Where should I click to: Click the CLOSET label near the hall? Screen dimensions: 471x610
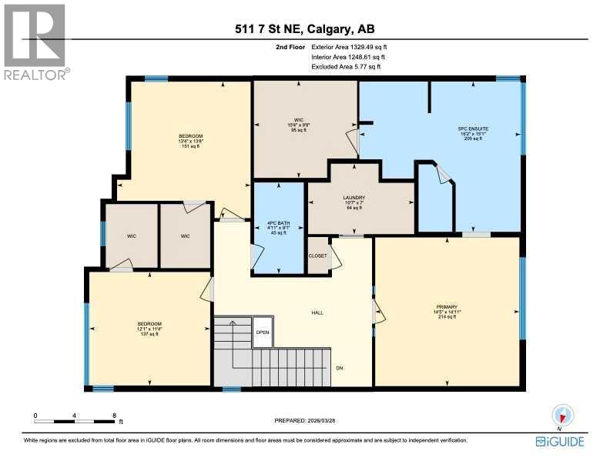coord(317,256)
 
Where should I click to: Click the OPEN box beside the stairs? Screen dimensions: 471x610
coord(263,332)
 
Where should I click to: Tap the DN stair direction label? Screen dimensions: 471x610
coord(339,367)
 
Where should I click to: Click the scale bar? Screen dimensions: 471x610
coord(75,420)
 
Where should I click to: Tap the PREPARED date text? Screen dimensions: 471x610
coord(305,420)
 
